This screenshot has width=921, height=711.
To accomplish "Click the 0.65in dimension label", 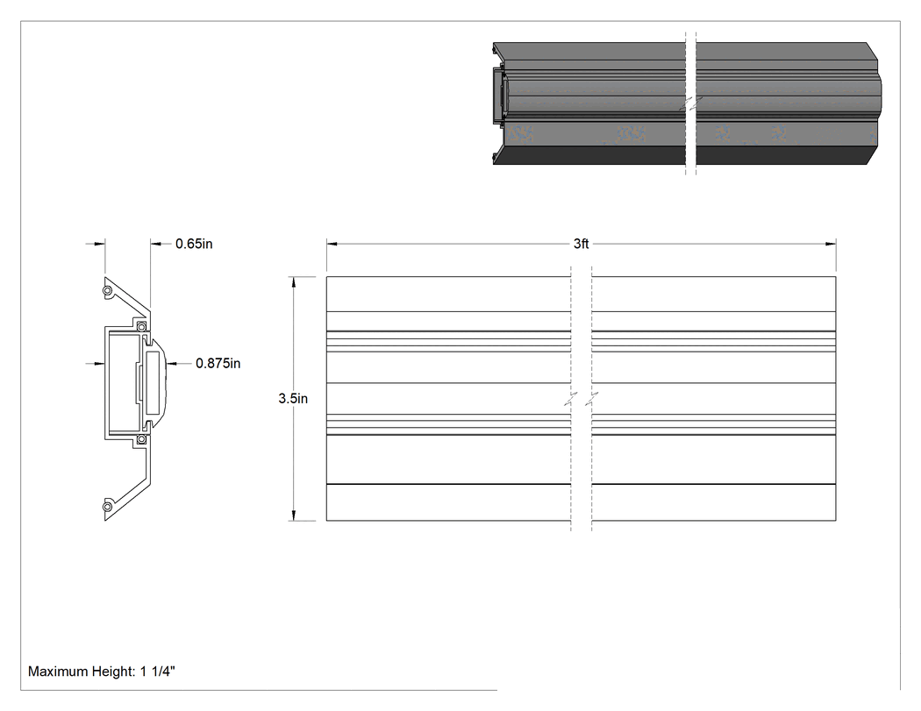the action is (194, 244).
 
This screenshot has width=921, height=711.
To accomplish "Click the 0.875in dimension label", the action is (218, 364).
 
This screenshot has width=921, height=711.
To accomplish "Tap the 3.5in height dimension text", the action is (293, 399).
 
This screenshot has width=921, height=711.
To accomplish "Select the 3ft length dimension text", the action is (581, 244).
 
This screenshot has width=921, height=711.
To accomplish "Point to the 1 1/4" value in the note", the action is (157, 671).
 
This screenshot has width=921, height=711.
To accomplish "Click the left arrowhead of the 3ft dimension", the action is (332, 244).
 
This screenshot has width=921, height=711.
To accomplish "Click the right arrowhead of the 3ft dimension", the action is (831, 244).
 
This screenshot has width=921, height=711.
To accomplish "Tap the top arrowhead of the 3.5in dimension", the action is (294, 281).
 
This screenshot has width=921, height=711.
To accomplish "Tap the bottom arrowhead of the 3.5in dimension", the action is (294, 515).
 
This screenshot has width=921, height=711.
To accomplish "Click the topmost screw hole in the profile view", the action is (108, 290).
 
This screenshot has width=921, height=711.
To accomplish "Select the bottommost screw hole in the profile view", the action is (108, 507).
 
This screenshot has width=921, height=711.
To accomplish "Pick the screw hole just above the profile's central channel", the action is (141, 326).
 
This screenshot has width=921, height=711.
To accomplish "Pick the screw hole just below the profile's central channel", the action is (141, 439).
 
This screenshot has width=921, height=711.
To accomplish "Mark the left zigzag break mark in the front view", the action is (571, 399).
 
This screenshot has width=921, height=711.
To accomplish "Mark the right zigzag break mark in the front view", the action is (592, 399).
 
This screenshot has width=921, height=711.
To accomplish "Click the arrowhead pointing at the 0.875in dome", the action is (172, 364).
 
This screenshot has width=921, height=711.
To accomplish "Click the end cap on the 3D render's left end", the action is (499, 95).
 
